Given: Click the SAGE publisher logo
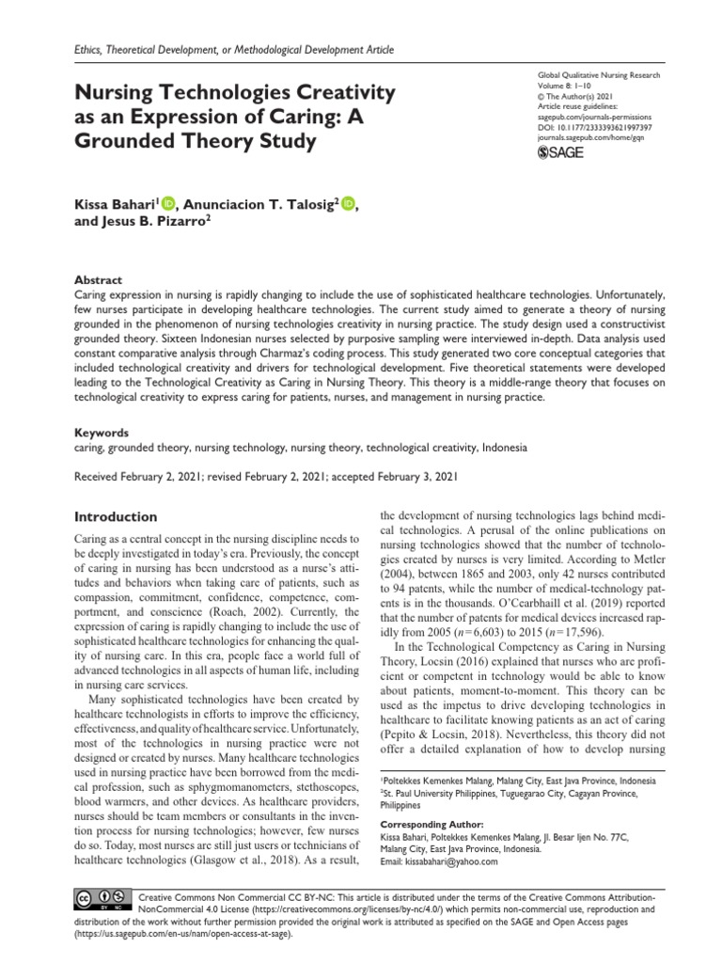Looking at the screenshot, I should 559,152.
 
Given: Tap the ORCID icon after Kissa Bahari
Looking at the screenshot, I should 168,202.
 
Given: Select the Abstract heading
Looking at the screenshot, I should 98,279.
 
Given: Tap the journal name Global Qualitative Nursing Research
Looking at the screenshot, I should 598,74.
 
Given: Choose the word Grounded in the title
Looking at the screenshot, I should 125,144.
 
